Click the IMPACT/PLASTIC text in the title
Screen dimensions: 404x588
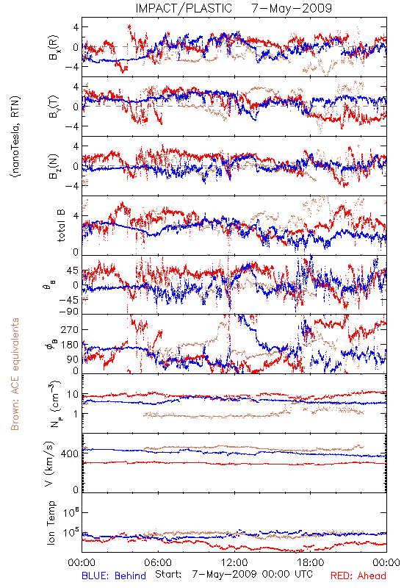point(184,8)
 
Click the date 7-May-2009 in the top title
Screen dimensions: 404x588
point(292,8)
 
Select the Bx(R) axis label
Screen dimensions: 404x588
point(53,47)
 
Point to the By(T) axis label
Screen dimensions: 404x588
point(53,107)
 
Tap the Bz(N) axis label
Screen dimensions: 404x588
point(53,166)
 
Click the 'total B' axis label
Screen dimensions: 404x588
point(61,225)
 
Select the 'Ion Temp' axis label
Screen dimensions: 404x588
point(51,523)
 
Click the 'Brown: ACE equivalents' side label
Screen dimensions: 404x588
point(15,374)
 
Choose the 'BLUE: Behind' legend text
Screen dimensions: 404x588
point(114,576)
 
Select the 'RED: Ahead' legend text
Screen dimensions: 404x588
point(358,576)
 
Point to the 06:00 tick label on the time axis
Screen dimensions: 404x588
point(158,562)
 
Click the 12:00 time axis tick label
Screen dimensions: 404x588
point(234,562)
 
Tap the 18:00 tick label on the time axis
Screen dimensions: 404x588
point(311,562)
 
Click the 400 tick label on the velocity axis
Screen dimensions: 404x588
point(70,453)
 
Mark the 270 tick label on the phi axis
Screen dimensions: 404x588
point(70,329)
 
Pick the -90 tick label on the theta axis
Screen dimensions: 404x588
point(68,311)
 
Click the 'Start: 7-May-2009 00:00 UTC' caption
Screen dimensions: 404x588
point(234,574)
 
